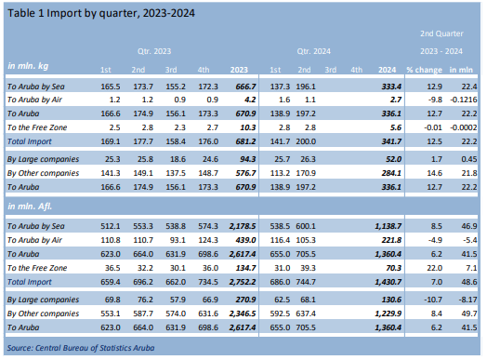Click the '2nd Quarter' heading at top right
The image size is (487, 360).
(x=442, y=33)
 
